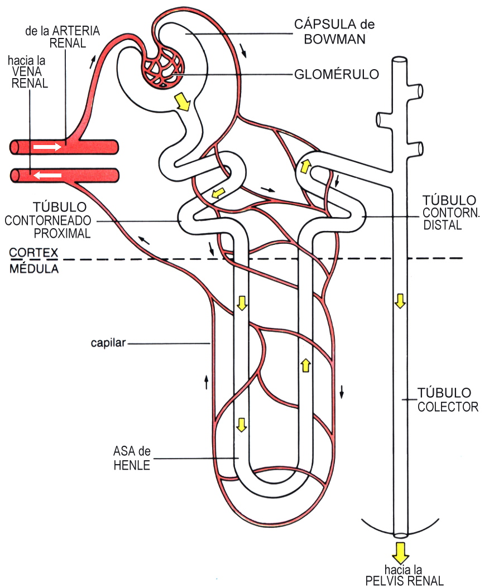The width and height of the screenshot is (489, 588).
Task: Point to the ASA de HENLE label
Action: [x=132, y=458]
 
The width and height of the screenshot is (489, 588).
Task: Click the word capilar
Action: [x=108, y=343]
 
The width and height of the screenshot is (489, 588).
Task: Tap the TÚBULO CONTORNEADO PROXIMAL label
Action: [x=50, y=220]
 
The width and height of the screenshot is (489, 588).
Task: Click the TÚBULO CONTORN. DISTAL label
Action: [x=449, y=212]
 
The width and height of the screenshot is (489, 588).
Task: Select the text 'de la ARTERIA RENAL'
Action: [x=63, y=37]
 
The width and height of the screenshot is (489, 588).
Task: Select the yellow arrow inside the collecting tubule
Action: [x=400, y=302]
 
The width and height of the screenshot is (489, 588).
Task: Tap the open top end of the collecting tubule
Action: [x=400, y=59]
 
